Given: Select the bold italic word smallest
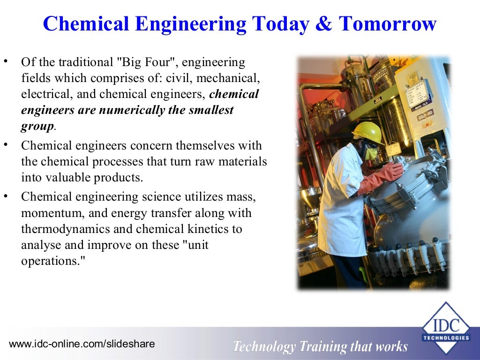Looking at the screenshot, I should [x=207, y=111].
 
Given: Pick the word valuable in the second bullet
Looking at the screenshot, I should [x=69, y=178].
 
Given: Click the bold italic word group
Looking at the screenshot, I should [x=37, y=127].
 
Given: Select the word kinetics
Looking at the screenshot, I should [x=220, y=229].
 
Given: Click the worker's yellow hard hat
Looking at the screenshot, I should [x=367, y=132].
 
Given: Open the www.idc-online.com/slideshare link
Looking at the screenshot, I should [x=82, y=344].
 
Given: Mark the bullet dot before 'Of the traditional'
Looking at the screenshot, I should [x=6, y=61].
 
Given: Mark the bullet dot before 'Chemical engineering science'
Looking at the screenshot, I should [x=6, y=196].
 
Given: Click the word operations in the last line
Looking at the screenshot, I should [x=48, y=261].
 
